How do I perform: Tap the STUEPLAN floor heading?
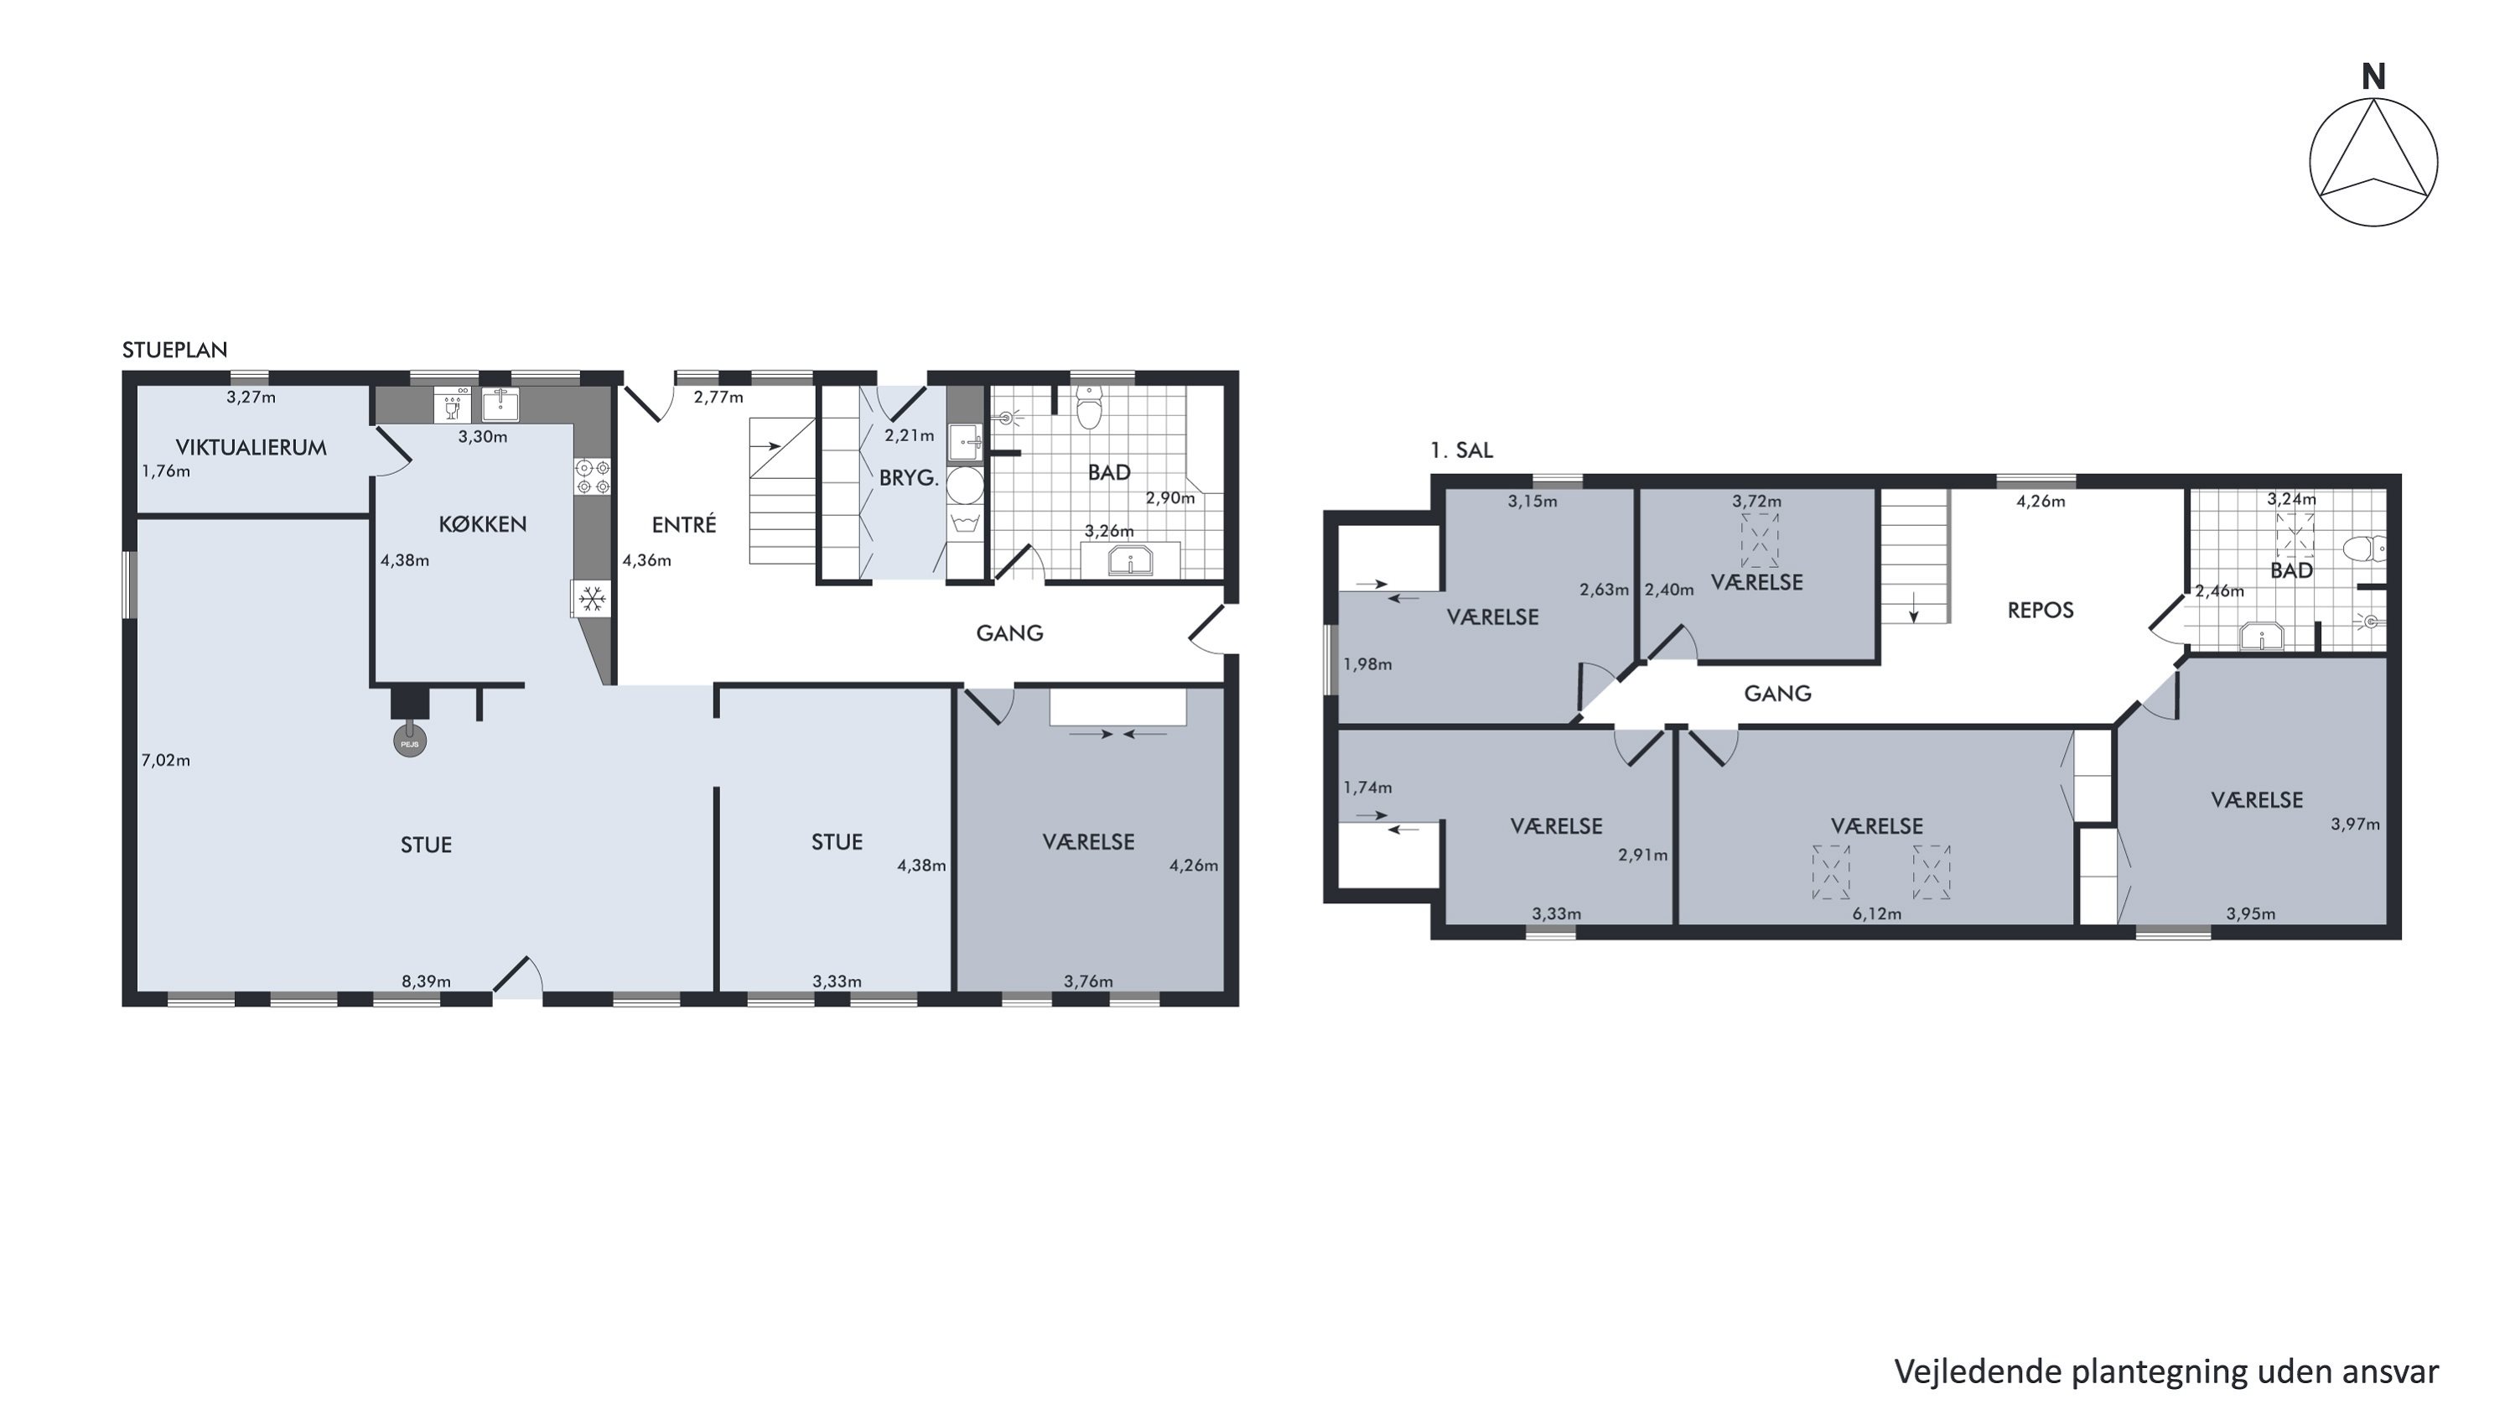click(174, 350)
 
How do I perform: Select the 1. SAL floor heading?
click(1461, 450)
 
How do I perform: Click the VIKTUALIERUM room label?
click(251, 447)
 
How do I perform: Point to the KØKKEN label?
click(482, 523)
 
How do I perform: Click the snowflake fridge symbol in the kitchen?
click(592, 599)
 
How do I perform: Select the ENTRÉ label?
click(683, 524)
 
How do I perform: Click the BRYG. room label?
click(909, 478)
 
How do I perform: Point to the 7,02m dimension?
click(166, 760)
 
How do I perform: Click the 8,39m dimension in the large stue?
click(427, 981)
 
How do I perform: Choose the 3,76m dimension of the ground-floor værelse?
click(1089, 981)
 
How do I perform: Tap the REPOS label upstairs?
click(2041, 611)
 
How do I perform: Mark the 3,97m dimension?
click(2355, 823)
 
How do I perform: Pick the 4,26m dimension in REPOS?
click(2041, 501)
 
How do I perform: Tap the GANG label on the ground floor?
click(1009, 632)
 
